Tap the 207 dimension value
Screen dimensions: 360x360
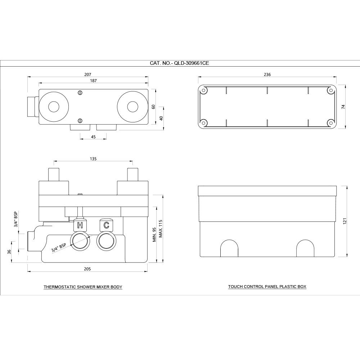[87, 75]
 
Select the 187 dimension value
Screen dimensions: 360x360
[93, 81]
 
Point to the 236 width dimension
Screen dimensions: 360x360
[267, 75]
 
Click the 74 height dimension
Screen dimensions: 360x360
[343, 107]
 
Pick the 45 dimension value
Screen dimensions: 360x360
[93, 136]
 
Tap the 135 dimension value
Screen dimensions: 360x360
[93, 158]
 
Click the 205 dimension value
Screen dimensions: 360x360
[87, 269]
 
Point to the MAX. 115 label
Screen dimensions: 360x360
[161, 228]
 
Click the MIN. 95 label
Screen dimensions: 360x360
[154, 234]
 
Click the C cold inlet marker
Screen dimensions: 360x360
[106, 226]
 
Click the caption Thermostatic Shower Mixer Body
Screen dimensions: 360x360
[83, 287]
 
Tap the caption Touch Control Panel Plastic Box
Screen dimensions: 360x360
[267, 287]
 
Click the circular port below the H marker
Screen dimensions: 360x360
[80, 241]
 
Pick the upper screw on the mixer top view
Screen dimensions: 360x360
[80, 93]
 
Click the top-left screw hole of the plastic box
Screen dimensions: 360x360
[204, 91]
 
